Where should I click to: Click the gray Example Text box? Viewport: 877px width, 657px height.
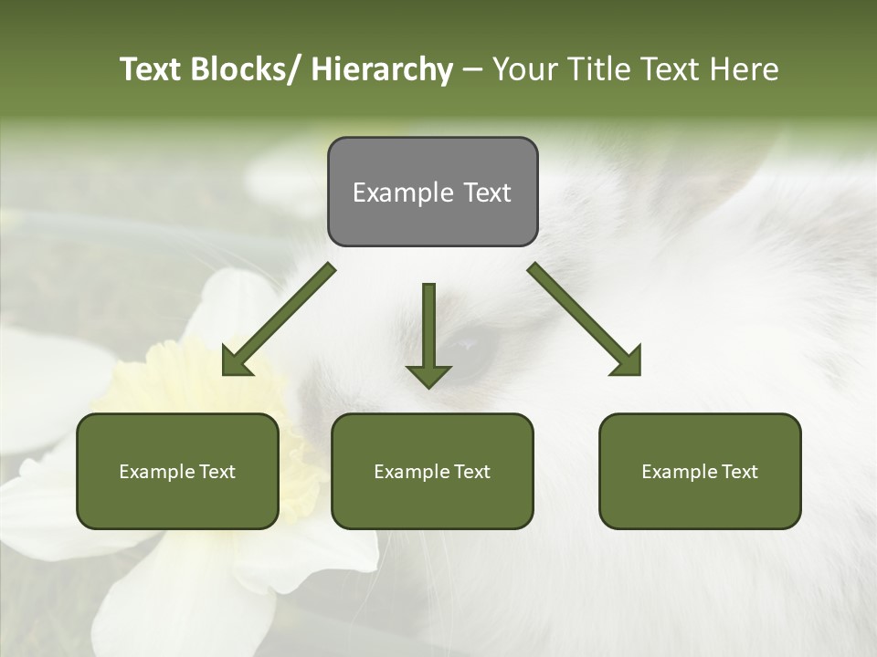coord(432,192)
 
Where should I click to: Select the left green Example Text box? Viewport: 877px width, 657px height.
coord(177,471)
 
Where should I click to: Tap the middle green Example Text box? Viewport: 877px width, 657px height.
coord(432,471)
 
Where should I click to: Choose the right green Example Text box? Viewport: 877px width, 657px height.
coord(700,471)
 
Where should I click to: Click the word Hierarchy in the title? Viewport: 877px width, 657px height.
coord(382,69)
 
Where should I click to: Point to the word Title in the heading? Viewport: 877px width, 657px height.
coord(594,69)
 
